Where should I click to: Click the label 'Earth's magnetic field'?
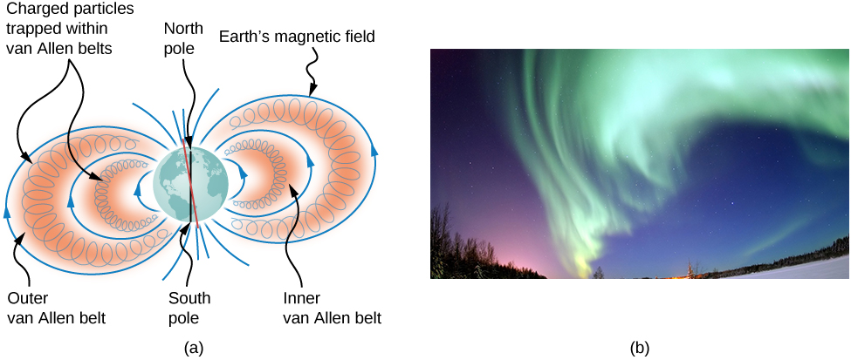[297, 37]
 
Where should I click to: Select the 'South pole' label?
[189, 307]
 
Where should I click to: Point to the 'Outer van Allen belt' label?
[56, 307]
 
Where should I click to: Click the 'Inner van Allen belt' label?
[332, 307]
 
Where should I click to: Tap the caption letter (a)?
[194, 348]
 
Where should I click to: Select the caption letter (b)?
[640, 348]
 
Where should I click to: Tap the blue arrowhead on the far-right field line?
[374, 149]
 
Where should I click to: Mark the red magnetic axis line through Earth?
[190, 183]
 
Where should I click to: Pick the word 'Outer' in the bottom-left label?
[25, 297]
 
